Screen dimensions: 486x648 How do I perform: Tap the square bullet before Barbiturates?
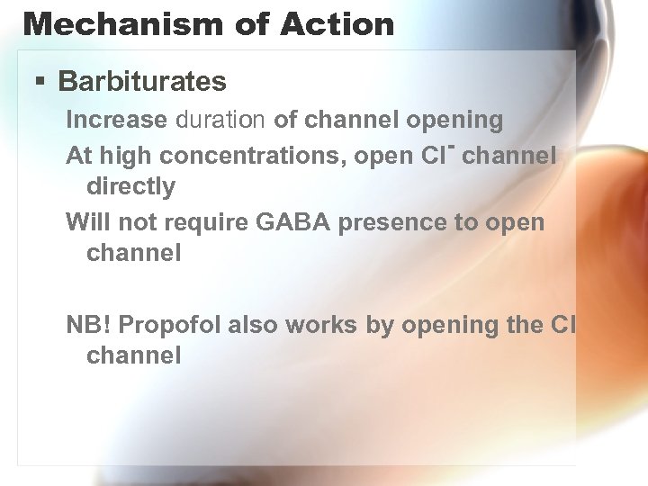[x=40, y=82]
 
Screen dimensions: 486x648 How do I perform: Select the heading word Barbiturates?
[x=142, y=82]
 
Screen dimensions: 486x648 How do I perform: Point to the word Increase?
[x=117, y=119]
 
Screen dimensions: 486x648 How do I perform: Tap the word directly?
[x=130, y=186]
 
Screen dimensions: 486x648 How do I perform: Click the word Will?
[x=86, y=221]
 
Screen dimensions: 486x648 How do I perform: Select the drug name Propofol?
[x=170, y=325]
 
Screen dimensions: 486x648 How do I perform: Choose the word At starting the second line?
[x=79, y=156]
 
